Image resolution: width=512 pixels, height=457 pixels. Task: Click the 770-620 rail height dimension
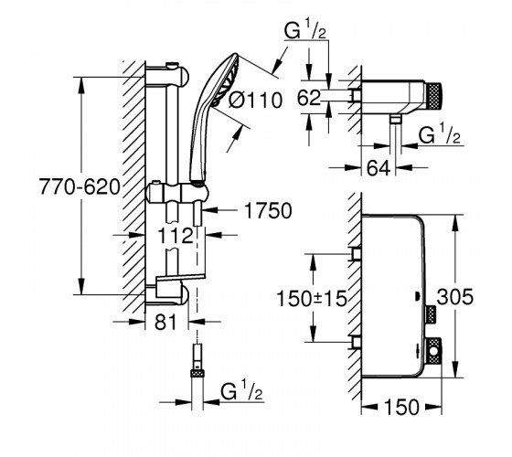click(80, 187)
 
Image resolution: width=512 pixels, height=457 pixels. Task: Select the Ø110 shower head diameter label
click(255, 100)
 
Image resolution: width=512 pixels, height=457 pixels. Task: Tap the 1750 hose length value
click(268, 210)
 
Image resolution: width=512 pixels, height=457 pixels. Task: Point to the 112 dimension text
click(176, 236)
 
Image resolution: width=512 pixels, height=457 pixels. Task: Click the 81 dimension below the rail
click(165, 322)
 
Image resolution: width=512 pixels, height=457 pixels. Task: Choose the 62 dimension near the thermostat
click(309, 98)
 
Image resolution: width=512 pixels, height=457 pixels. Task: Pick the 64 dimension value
click(379, 168)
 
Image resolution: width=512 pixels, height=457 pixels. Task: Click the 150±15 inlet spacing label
click(312, 298)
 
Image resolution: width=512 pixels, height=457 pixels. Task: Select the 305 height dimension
click(455, 297)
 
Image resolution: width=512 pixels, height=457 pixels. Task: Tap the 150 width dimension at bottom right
click(401, 407)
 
